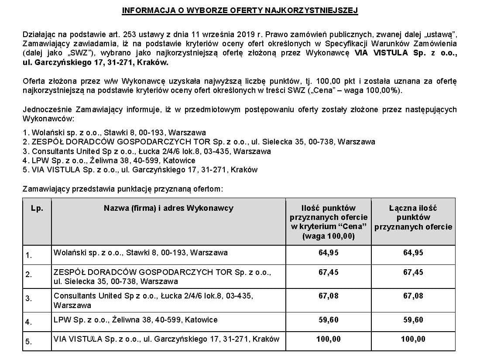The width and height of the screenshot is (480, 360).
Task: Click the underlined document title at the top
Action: [240, 10]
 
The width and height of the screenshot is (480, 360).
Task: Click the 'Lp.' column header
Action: [37, 208]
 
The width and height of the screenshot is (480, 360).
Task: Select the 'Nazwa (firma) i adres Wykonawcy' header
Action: [168, 208]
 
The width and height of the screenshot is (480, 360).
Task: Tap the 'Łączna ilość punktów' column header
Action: [413, 217]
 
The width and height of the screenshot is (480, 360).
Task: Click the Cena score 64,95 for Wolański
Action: [328, 253]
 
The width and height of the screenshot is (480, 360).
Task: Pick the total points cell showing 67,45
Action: [413, 272]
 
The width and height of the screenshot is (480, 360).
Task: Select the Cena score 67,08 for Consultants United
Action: [328, 296]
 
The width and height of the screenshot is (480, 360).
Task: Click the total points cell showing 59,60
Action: [413, 320]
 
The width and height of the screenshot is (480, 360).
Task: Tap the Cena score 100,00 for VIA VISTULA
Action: [328, 339]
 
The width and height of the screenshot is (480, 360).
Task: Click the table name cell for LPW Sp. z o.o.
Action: [135, 320]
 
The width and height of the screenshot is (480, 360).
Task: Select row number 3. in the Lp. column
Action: [29, 299]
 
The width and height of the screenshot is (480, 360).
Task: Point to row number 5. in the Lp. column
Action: [29, 342]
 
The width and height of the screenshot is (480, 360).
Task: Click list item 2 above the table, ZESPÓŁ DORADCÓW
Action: [199, 142]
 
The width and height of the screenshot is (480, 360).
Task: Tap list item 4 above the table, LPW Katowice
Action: [109, 161]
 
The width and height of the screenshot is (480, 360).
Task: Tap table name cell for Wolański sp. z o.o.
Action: [140, 253]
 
